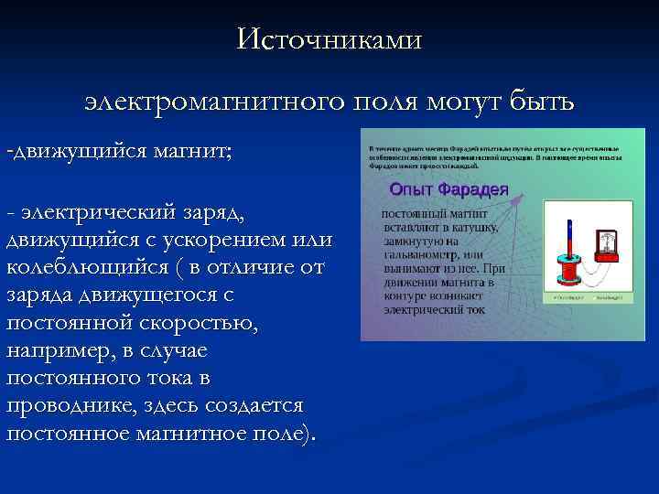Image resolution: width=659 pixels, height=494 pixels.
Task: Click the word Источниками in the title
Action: [x=329, y=39]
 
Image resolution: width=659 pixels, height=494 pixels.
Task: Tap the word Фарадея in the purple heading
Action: [x=472, y=189]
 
